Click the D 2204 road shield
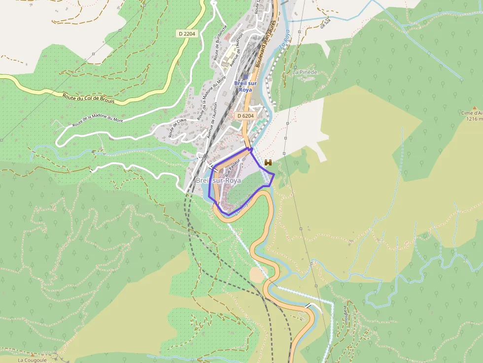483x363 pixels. pyautogui.click(x=187, y=33)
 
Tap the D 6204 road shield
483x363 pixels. pyautogui.click(x=245, y=116)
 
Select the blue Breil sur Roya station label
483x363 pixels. pyautogui.click(x=245, y=87)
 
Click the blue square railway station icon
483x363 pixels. pyautogui.click(x=245, y=76)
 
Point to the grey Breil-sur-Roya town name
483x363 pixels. pyautogui.click(x=218, y=181)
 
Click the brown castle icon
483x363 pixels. pyautogui.click(x=269, y=162)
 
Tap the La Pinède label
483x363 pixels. pyautogui.click(x=305, y=72)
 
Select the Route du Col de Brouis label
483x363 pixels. pyautogui.click(x=89, y=98)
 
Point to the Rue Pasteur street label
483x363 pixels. pyautogui.click(x=232, y=167)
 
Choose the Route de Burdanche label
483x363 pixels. pyautogui.click(x=220, y=43)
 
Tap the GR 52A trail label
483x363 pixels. pyautogui.click(x=324, y=23)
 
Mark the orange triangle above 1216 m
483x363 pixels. pyautogui.click(x=475, y=107)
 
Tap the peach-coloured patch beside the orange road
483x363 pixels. pyautogui.click(x=256, y=274)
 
